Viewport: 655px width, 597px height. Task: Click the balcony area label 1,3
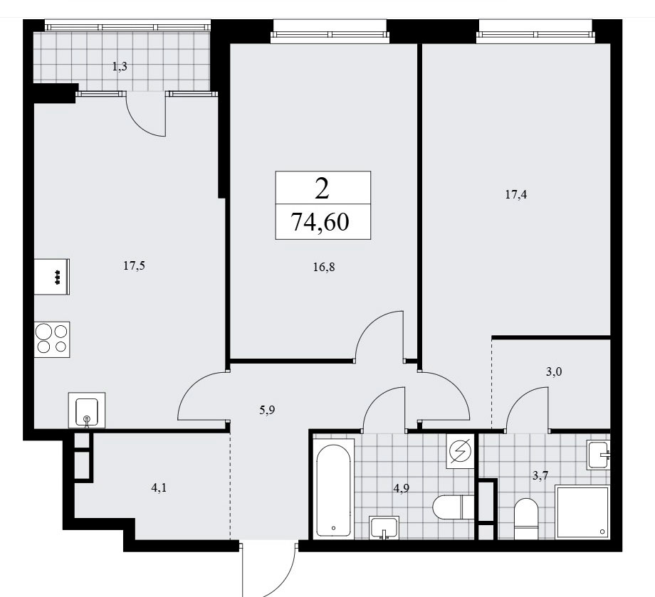point(120,67)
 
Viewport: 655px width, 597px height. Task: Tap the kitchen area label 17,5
point(134,265)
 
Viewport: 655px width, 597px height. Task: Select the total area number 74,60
point(320,222)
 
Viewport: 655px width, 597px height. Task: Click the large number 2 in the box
point(322,189)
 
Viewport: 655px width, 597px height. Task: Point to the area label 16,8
point(324,267)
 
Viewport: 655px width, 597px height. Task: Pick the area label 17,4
point(516,194)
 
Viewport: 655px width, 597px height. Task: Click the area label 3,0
point(554,371)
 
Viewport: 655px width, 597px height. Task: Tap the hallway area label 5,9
point(267,411)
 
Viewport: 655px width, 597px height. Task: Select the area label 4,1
point(159,487)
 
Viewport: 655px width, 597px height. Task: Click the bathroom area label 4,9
point(401,488)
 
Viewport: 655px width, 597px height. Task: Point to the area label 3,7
point(540,475)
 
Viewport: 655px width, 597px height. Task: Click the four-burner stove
point(52,339)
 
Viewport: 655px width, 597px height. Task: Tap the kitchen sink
point(86,411)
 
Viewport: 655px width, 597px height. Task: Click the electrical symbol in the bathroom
point(461,451)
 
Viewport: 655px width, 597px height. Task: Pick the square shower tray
point(582,512)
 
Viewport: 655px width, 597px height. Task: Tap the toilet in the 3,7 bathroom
point(526,519)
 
